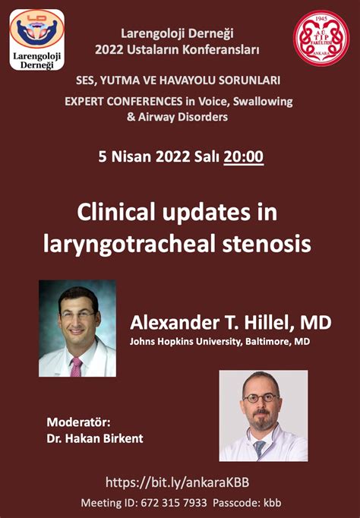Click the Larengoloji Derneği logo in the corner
click(x=37, y=39)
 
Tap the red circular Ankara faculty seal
click(x=321, y=38)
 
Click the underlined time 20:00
click(x=243, y=156)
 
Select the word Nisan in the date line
click(x=131, y=156)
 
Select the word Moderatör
click(x=78, y=422)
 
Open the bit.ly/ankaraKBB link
click(x=178, y=482)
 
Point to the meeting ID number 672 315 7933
click(x=174, y=503)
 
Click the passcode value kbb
click(x=272, y=503)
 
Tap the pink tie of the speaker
click(x=76, y=366)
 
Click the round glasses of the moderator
click(x=261, y=397)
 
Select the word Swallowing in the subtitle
click(x=263, y=102)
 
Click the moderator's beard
click(x=262, y=419)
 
